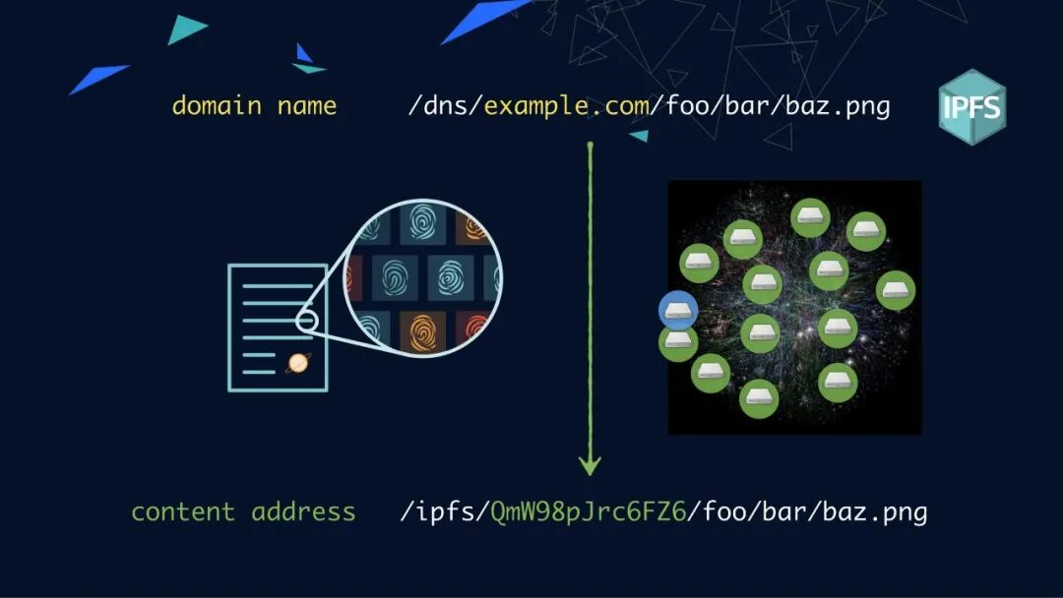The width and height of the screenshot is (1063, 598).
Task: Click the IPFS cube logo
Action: click(971, 106)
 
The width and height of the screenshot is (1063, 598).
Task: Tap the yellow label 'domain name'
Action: click(254, 105)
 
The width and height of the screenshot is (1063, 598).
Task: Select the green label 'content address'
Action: click(243, 511)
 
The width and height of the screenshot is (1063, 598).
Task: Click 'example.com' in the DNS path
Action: click(567, 105)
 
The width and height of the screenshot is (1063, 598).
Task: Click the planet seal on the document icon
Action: click(297, 364)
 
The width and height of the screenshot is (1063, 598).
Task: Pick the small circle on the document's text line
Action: click(306, 321)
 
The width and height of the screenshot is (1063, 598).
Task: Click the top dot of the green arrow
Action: click(590, 148)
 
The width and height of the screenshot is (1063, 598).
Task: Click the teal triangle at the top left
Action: click(186, 29)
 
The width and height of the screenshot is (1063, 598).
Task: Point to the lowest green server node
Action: click(759, 398)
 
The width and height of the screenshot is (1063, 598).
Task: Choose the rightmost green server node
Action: click(896, 290)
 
